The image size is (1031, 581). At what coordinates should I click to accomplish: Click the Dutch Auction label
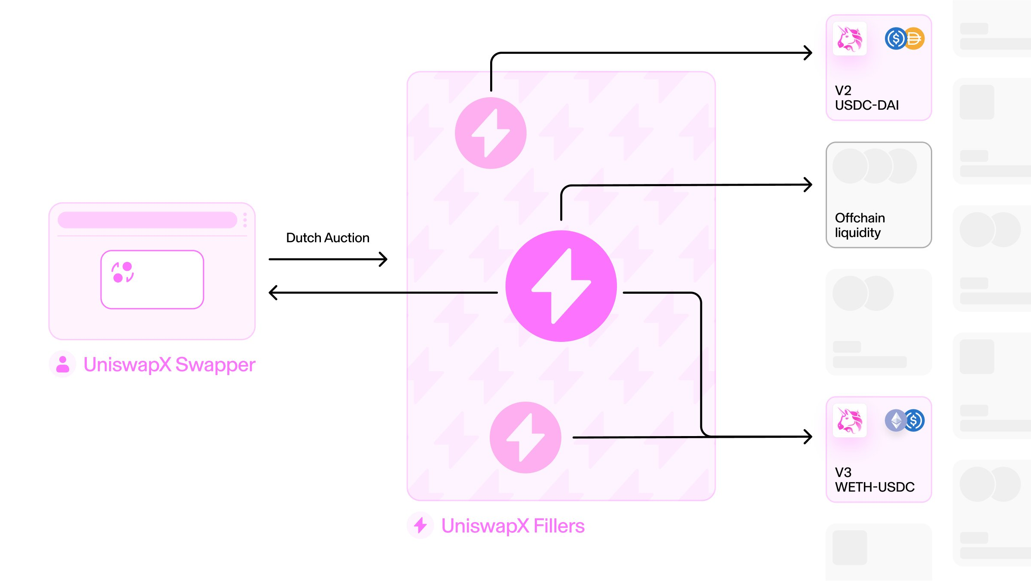coord(328,238)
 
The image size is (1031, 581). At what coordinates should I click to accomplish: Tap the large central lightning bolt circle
coord(561,286)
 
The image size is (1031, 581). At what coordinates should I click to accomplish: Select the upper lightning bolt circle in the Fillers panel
coord(491,133)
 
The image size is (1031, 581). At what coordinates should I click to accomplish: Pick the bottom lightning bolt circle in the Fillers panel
coord(525,437)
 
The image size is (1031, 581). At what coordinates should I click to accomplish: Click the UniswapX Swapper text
coord(169,365)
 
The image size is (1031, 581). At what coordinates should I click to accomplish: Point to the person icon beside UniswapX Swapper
coord(63,364)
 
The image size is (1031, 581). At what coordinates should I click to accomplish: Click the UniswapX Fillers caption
coord(513,526)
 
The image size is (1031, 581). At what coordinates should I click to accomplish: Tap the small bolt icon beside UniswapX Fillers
coord(421,525)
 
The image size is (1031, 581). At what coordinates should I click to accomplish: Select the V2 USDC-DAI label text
coord(866,98)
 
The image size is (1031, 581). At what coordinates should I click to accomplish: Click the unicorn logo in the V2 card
coord(850,39)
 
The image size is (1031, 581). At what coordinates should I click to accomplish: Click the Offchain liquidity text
coord(860,225)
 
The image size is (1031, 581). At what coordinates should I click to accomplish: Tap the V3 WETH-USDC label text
coord(875,480)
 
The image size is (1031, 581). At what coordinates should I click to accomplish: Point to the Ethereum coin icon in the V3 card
coord(896,420)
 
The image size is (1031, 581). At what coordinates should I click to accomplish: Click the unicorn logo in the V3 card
coord(850,421)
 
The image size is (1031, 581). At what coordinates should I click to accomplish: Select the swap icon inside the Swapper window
coord(122,272)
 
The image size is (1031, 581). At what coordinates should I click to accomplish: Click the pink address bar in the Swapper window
coord(147,220)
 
